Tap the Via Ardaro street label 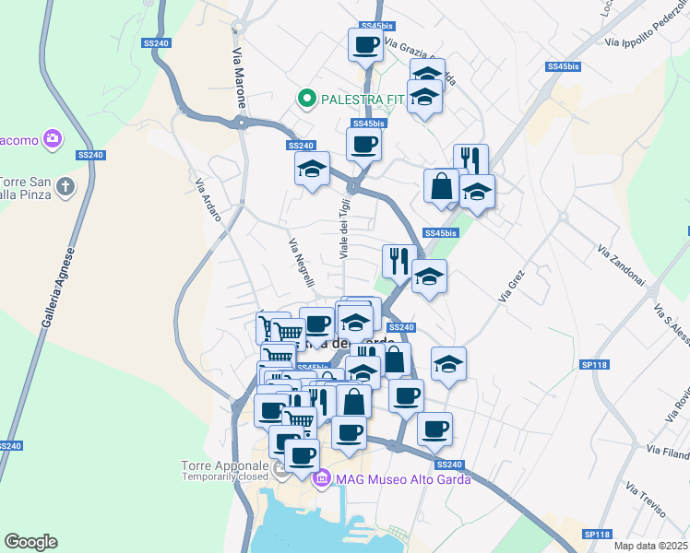[208, 199]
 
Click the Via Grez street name [511, 286]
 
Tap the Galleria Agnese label [57, 289]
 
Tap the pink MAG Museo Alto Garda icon [322, 479]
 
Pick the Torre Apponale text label [220, 466]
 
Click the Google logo [30, 542]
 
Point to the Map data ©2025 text [651, 547]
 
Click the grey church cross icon [65, 187]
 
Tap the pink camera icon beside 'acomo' [53, 139]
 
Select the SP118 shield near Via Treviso [597, 535]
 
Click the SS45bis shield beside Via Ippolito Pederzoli [563, 66]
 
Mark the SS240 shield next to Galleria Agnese [7, 446]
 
